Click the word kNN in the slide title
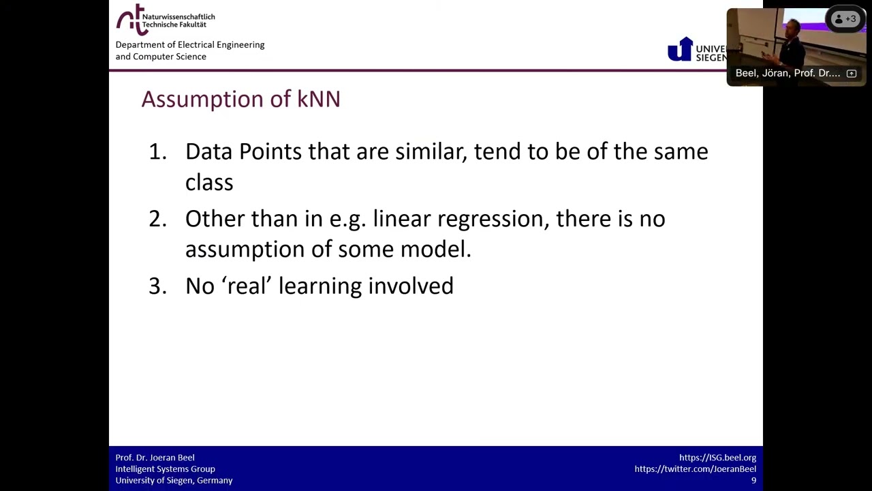point(318,99)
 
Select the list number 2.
point(157,219)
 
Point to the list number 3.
point(157,286)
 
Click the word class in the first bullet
point(209,183)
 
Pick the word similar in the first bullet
point(430,151)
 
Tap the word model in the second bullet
point(435,249)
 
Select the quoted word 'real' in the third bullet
point(247,286)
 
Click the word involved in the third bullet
point(410,286)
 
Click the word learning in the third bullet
point(320,286)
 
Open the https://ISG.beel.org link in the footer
point(717,458)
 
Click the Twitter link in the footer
point(695,469)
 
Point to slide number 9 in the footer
point(753,481)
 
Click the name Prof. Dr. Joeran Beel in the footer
point(155,458)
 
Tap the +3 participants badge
point(845,19)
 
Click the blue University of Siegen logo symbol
point(679,50)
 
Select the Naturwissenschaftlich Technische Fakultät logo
point(165,20)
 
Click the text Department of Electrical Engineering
point(189,45)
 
